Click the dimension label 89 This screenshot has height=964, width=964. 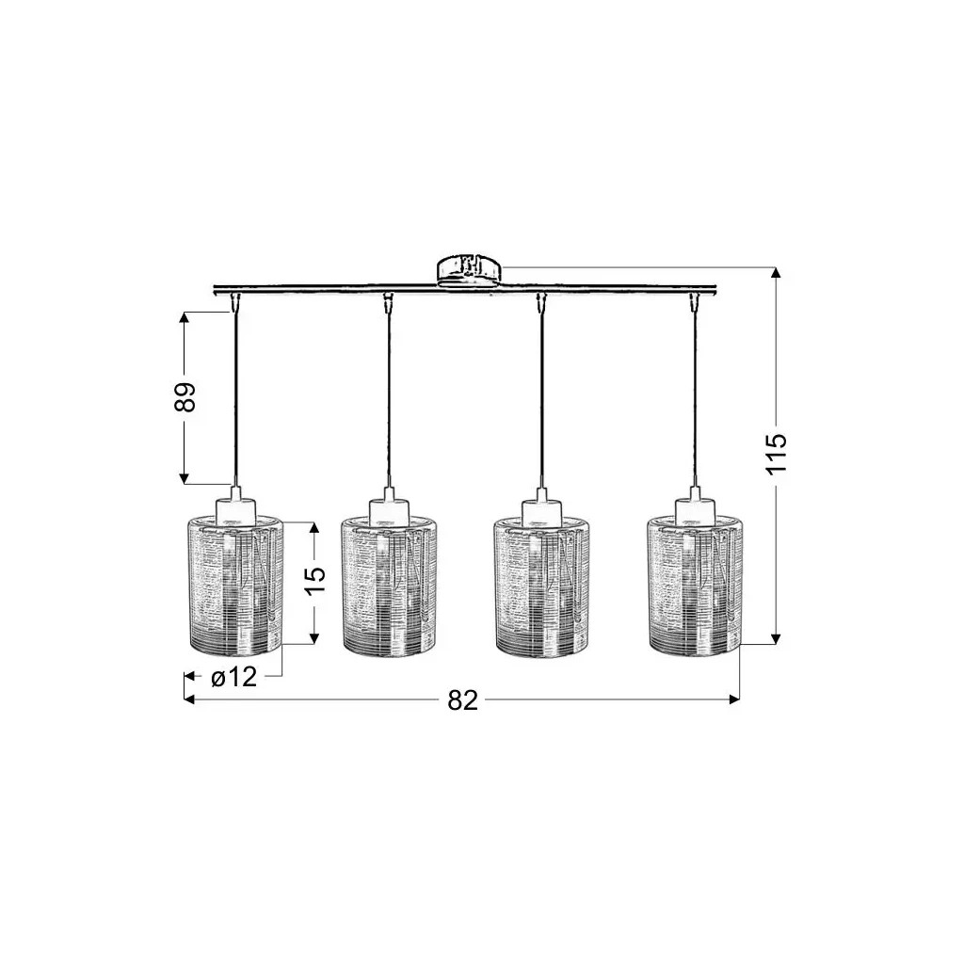(185, 397)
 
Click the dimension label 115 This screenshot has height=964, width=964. (776, 453)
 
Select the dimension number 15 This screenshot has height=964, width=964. (314, 581)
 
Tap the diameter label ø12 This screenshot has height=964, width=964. (233, 677)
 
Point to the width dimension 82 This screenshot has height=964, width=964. (462, 699)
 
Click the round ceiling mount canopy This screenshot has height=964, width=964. (469, 271)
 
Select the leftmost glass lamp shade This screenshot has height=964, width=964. (235, 585)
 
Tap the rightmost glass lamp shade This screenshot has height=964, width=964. (697, 585)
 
